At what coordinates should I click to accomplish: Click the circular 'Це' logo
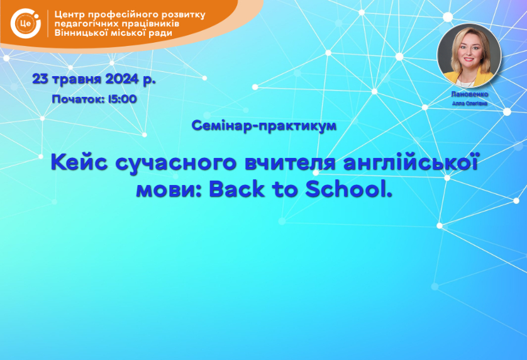click(26, 23)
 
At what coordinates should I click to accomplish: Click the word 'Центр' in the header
click(72, 15)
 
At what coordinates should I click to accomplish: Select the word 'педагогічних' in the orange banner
click(86, 24)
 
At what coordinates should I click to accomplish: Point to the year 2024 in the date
click(122, 79)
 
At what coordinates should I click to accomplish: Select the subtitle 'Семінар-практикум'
click(264, 126)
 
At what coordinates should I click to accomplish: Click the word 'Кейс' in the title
click(79, 162)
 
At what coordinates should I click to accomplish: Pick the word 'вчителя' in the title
click(290, 162)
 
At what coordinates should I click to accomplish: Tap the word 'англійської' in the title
click(411, 162)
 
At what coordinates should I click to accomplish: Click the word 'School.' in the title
click(349, 189)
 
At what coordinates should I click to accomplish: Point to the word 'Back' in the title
click(236, 189)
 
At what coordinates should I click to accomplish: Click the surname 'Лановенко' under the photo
click(470, 94)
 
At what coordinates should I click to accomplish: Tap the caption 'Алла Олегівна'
click(470, 103)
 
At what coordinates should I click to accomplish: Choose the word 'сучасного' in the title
click(176, 163)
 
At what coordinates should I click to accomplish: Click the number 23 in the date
click(40, 79)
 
